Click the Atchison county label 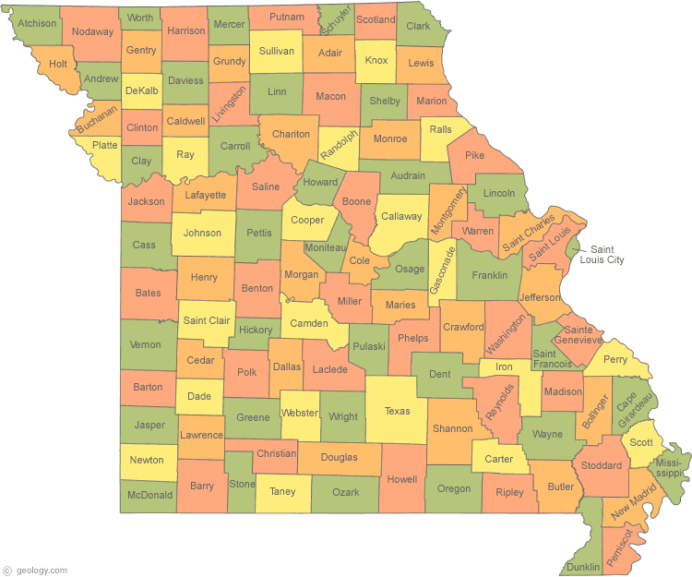pos(38,23)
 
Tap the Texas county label pos(398,411)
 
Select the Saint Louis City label pos(608,255)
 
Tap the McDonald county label pos(149,495)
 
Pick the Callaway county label pos(401,216)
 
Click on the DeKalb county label pos(141,90)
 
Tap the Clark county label pos(418,26)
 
